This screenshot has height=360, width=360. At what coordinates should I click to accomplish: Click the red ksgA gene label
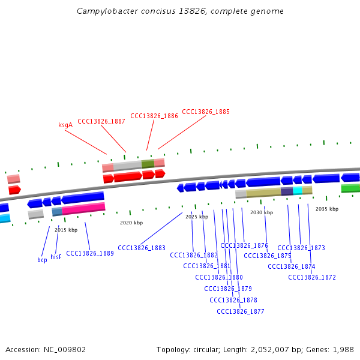click(65, 125)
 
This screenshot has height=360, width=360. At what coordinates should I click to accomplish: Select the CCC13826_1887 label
click(101, 121)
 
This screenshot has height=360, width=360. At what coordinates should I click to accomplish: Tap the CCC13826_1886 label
click(154, 116)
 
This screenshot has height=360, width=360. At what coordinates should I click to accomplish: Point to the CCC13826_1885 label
click(206, 112)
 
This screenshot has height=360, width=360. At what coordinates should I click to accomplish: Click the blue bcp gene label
click(42, 260)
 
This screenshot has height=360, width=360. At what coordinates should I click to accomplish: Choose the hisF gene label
click(56, 257)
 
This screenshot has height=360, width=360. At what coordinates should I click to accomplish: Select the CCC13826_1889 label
click(90, 253)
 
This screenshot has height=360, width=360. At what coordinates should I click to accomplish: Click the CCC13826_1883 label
click(142, 248)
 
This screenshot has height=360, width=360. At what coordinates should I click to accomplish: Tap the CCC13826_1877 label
click(241, 311)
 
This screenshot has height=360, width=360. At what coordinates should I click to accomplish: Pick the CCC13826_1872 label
click(312, 277)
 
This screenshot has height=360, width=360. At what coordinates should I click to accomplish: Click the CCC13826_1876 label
click(244, 245)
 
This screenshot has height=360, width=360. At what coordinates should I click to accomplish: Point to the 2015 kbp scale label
click(66, 230)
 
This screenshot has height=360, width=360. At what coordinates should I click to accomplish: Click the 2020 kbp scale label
click(131, 223)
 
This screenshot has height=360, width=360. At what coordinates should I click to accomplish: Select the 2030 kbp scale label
click(262, 212)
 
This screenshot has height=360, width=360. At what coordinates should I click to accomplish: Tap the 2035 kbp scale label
click(327, 209)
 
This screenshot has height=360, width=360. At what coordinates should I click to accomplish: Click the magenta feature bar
click(83, 209)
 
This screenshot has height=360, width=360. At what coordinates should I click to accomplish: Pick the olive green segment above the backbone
click(148, 163)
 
